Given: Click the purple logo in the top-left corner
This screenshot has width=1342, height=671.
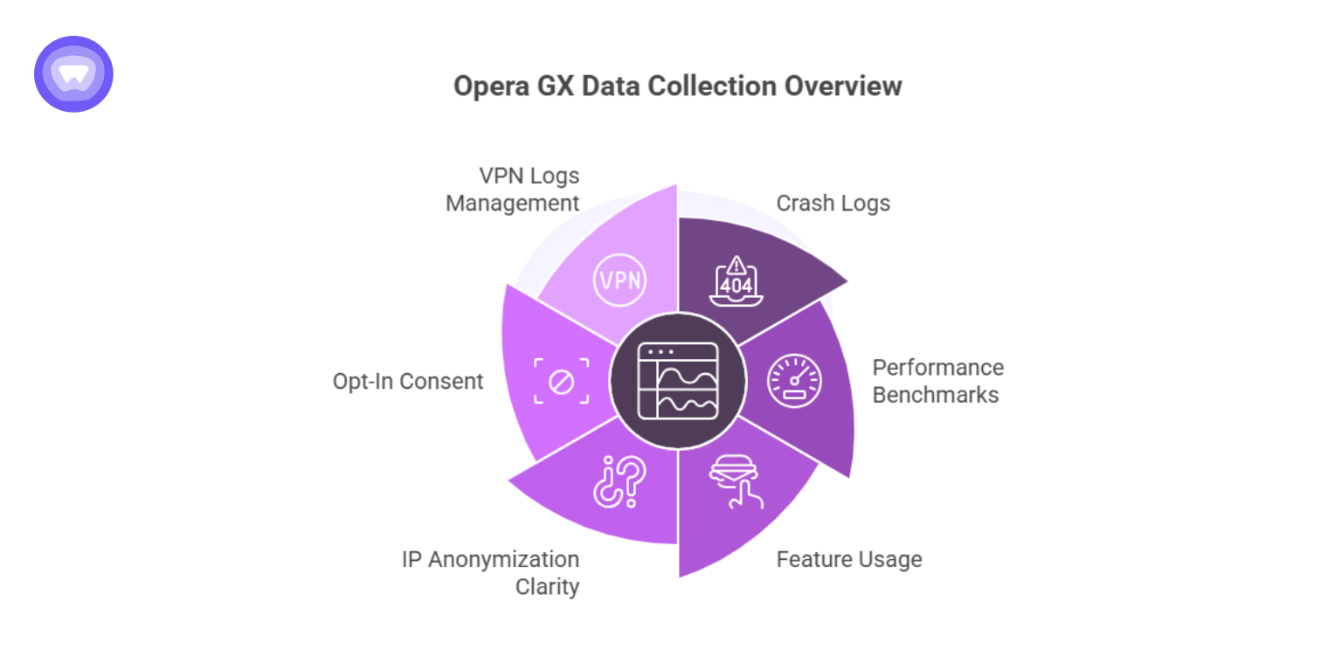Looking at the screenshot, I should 73,74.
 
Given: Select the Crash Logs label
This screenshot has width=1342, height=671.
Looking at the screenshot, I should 833,204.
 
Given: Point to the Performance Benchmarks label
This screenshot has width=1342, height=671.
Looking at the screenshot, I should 937,381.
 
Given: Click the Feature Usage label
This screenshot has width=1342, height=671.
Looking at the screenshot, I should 848,559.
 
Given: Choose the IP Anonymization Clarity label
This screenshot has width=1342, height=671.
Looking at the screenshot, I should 490,572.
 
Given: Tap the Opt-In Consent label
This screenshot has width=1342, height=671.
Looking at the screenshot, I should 408,382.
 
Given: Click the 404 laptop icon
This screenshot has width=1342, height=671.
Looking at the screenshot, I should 736,280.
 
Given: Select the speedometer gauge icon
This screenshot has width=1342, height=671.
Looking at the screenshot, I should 794,381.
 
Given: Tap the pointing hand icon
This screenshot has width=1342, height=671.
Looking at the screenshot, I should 736,481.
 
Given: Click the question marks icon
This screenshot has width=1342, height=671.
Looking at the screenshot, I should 619,481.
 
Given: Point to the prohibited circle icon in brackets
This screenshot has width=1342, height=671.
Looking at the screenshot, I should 561,381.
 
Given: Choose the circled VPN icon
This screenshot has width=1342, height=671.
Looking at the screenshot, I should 619,280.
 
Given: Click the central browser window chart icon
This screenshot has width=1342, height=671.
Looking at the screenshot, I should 678,381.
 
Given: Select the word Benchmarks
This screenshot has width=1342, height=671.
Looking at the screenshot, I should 935,395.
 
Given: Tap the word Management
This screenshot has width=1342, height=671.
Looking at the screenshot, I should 512,204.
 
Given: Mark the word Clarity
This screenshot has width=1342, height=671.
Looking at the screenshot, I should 547,586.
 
